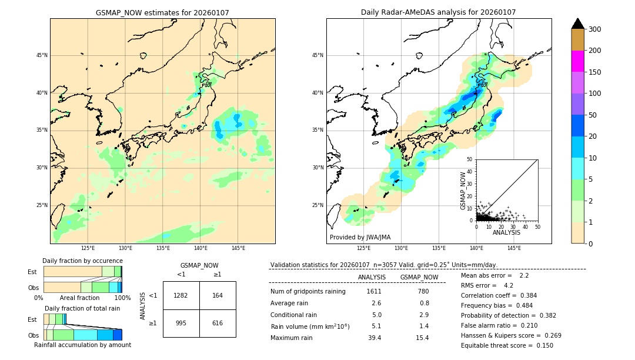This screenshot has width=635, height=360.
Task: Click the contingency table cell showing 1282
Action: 181,295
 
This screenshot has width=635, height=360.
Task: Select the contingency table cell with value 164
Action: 217,295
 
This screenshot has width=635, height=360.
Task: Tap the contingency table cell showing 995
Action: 181,323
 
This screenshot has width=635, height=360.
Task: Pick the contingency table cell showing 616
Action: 217,323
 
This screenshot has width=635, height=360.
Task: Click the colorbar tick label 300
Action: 594,29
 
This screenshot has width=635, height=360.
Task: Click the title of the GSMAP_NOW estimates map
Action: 162,12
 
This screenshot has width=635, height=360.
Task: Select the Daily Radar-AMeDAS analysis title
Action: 438,12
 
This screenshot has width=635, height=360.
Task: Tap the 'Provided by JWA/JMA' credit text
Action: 360,237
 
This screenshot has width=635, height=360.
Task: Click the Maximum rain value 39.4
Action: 375,338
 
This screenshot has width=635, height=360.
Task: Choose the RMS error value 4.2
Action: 509,285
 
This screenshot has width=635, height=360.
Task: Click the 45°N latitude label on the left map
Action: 41,55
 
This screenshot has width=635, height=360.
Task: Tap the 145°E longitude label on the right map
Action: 514,248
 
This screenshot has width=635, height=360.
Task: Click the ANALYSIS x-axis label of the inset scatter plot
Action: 506,232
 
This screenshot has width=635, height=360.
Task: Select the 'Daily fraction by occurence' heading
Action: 82,261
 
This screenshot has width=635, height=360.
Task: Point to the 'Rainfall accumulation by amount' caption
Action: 82,345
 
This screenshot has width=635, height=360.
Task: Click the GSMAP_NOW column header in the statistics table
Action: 419,277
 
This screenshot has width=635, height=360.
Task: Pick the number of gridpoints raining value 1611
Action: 374,292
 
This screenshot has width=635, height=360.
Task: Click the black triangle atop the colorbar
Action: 578,24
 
